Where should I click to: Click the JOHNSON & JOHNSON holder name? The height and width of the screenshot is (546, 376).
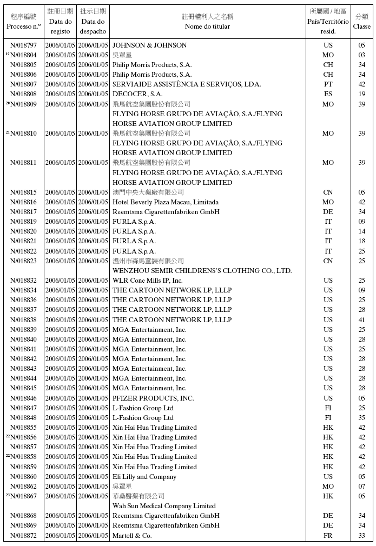click(149, 45)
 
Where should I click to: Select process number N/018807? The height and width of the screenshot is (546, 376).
click(24, 84)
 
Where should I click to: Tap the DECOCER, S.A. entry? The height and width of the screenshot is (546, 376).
click(137, 94)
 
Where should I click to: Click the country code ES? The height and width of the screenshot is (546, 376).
click(328, 94)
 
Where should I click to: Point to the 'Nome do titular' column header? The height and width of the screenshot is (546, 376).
click(207, 26)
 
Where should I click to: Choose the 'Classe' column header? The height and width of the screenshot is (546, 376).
click(362, 26)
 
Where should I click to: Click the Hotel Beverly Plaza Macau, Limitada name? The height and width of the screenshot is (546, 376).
click(166, 202)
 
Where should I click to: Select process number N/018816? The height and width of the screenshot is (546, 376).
click(24, 202)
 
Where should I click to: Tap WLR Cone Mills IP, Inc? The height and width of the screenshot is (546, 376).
click(148, 281)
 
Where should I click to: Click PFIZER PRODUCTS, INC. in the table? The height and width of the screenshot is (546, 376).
click(153, 398)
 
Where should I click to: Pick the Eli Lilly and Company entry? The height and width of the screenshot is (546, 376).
click(144, 477)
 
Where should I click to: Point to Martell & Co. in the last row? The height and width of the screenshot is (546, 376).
click(132, 536)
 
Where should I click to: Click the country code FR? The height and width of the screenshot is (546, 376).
click(328, 536)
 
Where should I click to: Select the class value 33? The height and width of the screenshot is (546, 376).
click(362, 536)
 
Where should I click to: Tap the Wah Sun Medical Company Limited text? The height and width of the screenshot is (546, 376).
click(164, 506)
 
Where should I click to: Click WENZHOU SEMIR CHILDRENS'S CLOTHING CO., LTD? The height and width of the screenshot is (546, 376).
click(202, 271)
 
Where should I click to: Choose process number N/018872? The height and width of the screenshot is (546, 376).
click(24, 536)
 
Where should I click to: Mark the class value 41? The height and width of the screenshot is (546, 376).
click(362, 320)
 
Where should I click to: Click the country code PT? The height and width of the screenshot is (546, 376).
click(328, 84)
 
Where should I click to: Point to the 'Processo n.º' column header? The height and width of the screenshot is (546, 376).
click(24, 26)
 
